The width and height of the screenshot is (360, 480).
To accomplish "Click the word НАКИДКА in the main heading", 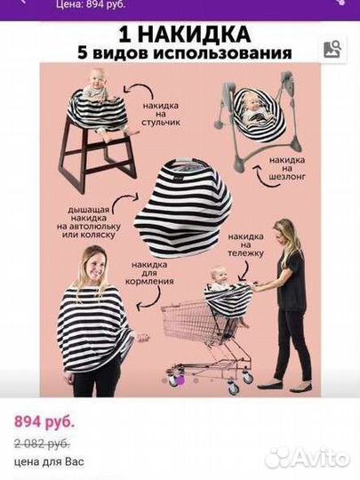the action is (x=194, y=35).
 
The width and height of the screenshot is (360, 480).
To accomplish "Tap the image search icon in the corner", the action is (x=332, y=49).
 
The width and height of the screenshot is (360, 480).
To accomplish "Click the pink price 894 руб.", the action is (x=44, y=422).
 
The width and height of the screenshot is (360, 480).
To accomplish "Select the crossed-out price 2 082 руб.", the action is (x=42, y=444).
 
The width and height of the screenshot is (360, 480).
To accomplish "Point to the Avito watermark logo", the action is (x=307, y=459).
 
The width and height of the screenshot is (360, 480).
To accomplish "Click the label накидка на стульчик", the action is (x=161, y=114).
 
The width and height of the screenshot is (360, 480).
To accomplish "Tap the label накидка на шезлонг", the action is (x=287, y=168).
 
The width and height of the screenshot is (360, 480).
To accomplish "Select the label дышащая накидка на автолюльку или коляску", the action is (x=89, y=222).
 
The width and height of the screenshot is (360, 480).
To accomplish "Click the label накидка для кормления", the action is (x=149, y=273).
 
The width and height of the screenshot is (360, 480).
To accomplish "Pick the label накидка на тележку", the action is (x=245, y=245).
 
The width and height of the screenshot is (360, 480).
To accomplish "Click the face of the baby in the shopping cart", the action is (x=220, y=276).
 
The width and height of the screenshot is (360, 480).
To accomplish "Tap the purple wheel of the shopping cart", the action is (x=180, y=380).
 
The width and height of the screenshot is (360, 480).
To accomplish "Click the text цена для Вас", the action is (x=49, y=461).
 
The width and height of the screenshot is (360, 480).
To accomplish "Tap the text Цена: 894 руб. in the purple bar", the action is (x=91, y=4).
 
